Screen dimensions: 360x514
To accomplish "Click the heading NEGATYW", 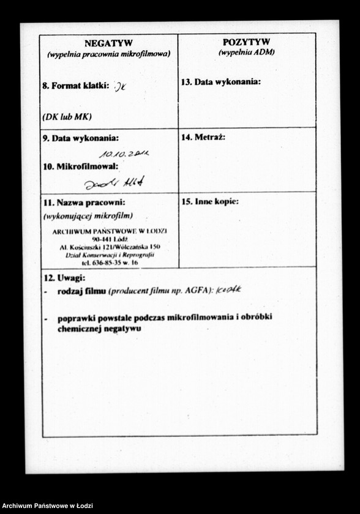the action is [108, 43].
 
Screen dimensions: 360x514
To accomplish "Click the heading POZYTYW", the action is [246, 42].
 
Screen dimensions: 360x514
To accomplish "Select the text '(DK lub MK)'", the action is [67, 116].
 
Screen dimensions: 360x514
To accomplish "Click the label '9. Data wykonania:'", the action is [81, 138].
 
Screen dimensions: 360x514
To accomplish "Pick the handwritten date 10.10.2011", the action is [124, 154].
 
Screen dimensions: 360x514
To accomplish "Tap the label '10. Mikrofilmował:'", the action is [80, 166].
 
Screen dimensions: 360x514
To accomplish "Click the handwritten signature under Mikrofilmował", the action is [114, 182].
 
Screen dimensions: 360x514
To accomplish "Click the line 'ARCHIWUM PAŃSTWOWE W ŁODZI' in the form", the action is [110, 231].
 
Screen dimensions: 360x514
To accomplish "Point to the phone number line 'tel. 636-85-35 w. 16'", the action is [110, 263].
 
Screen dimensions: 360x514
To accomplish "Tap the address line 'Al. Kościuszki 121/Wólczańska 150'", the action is [110, 247].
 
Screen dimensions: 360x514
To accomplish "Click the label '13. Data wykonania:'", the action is [221, 82].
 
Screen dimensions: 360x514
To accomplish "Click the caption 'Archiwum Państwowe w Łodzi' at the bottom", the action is [47, 506].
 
